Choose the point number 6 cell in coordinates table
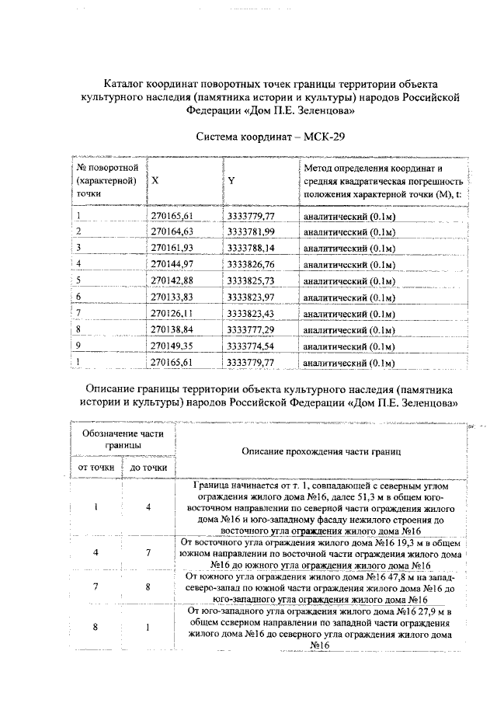pyautogui.click(x=79, y=297)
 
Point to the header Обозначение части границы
pyautogui.click(x=123, y=439)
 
